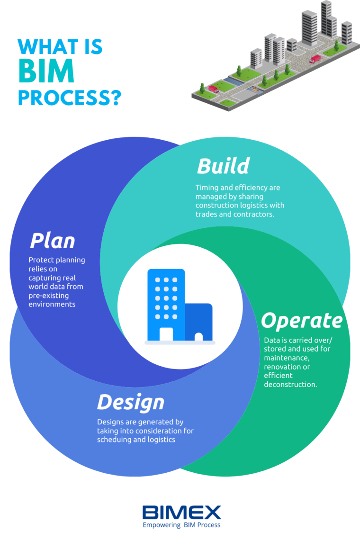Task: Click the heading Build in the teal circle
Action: point(223,166)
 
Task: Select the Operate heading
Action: point(302,321)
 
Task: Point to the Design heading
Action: point(131,402)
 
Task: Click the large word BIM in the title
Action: point(46,71)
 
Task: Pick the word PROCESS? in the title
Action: point(70,98)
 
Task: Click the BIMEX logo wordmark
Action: point(181,513)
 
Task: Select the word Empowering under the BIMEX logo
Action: point(162,525)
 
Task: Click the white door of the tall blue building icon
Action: point(166,334)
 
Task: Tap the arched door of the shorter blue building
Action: point(198,337)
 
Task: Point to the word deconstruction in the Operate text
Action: point(290,384)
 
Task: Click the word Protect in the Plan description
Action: point(41,260)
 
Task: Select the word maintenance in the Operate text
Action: point(287,358)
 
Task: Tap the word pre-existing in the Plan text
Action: point(49,296)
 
